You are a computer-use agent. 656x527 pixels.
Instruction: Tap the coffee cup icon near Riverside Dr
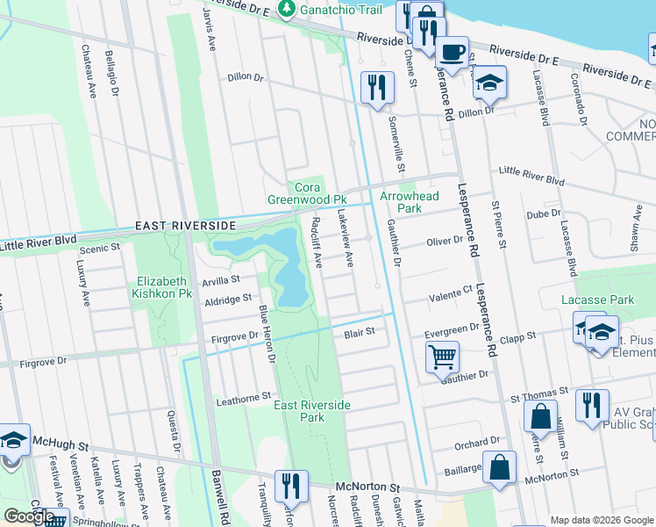coord(452,53)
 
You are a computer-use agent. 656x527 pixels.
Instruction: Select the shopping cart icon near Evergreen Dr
coord(442,357)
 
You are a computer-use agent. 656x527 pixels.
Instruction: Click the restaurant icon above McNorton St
coord(291,486)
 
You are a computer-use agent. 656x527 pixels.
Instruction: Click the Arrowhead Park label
coord(403,202)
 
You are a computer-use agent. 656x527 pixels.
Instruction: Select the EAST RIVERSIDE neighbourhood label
coord(185,226)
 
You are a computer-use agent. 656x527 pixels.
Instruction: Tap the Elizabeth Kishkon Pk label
coord(161,287)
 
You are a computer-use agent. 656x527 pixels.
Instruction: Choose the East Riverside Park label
coord(311,411)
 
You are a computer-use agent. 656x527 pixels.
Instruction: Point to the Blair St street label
coord(360,332)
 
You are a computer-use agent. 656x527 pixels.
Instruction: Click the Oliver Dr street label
coord(444,241)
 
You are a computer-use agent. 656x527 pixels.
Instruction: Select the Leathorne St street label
coord(243,400)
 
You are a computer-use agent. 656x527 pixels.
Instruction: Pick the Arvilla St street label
coord(221,280)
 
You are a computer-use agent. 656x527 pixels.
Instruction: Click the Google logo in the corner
coord(29,516)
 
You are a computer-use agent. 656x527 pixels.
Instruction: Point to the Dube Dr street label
coord(543,214)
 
